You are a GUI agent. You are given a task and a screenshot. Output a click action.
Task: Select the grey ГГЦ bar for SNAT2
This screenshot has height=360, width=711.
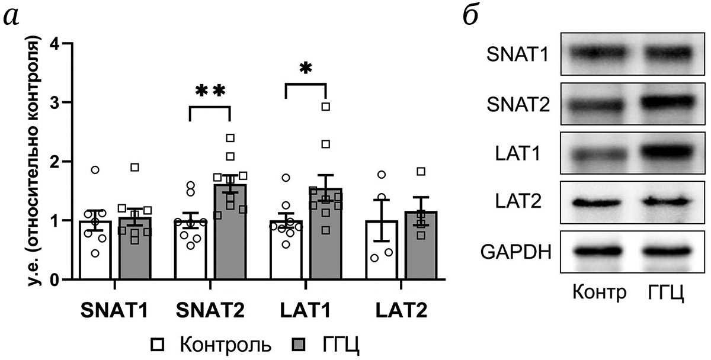pyautogui.click(x=230, y=237)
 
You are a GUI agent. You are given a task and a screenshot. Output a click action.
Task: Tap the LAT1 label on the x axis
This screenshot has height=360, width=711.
pyautogui.click(x=305, y=311)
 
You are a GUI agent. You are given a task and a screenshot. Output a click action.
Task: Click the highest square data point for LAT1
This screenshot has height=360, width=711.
pyautogui.click(x=325, y=107)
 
